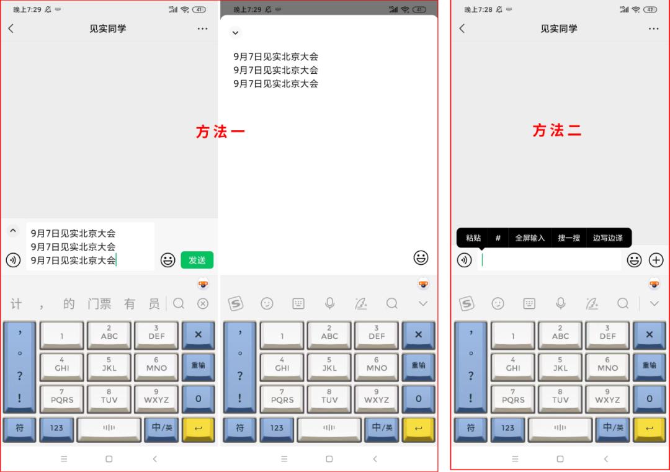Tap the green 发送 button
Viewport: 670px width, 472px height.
coord(197,260)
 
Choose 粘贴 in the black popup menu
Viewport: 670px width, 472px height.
coord(473,238)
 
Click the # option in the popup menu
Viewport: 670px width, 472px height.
coord(498,238)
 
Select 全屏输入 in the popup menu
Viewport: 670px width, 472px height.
coord(530,238)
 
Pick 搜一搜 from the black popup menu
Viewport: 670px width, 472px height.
coord(569,238)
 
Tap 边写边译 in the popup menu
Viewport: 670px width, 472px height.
coord(607,238)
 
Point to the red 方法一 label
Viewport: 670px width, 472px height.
coord(220,131)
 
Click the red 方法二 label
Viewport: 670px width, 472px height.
coord(556,130)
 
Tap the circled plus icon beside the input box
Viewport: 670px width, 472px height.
coord(656,260)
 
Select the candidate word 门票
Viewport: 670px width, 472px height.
coord(99,304)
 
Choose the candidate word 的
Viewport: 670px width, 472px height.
coord(69,304)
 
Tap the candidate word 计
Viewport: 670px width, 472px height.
coord(16,304)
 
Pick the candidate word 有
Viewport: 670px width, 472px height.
coord(130,304)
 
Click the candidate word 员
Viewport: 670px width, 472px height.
coord(154,304)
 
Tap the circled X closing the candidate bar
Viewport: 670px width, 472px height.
coord(203,304)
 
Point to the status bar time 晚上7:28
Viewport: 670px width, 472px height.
coord(478,9)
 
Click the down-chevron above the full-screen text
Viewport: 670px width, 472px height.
coord(236,32)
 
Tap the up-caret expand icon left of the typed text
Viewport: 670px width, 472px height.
coord(13,231)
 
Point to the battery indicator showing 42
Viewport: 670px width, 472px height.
coord(650,9)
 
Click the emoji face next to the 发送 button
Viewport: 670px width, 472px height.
coord(168,260)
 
